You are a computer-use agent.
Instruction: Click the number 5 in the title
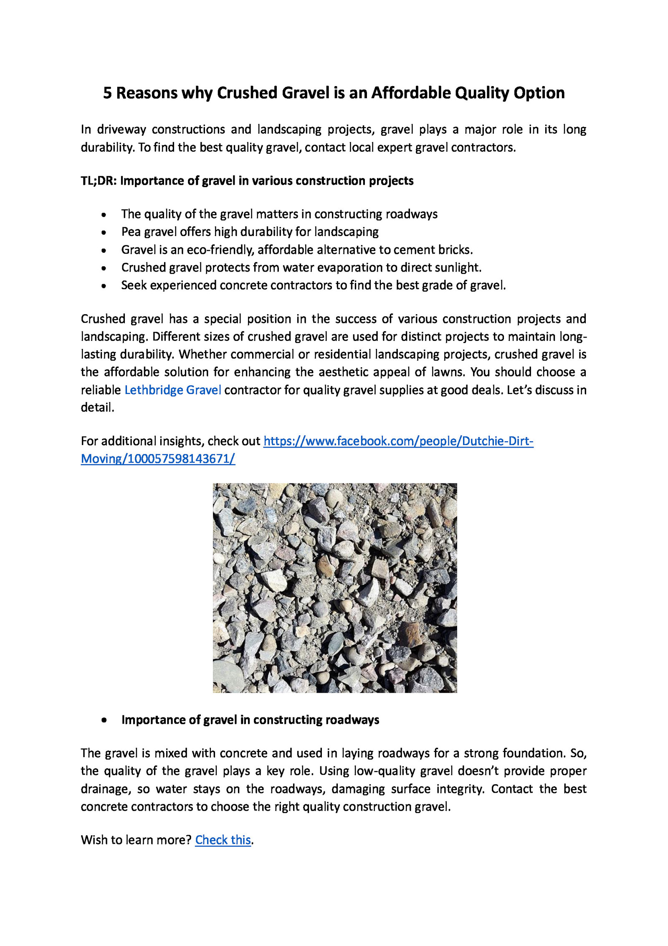(x=108, y=93)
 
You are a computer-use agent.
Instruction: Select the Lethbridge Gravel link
(x=172, y=390)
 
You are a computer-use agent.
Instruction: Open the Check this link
(x=223, y=840)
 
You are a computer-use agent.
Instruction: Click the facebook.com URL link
(x=398, y=441)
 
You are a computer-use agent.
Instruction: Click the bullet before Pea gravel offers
(x=104, y=233)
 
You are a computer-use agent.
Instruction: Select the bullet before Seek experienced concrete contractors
(x=104, y=286)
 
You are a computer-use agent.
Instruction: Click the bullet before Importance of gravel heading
(x=104, y=720)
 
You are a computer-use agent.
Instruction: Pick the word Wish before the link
(x=94, y=840)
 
